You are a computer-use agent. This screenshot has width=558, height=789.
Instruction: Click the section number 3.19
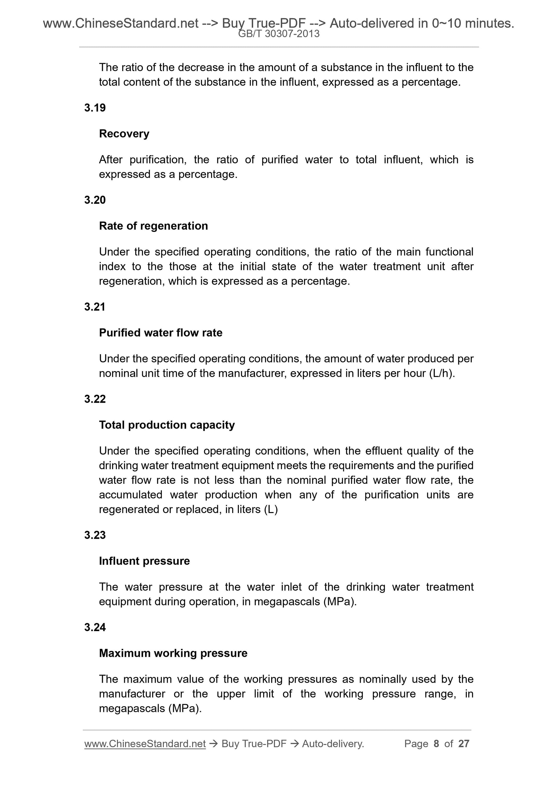click(x=95, y=108)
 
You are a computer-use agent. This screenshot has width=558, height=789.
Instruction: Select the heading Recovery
click(x=124, y=134)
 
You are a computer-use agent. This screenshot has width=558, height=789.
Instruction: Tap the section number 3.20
click(x=95, y=200)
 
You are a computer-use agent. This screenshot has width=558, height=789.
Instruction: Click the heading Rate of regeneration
click(x=153, y=226)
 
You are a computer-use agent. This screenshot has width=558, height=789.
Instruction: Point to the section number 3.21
click(x=95, y=307)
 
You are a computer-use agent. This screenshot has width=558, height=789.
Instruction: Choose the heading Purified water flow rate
click(x=161, y=333)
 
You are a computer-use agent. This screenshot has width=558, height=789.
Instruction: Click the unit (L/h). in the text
click(x=442, y=373)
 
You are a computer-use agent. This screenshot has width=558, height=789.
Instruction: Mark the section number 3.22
click(x=95, y=399)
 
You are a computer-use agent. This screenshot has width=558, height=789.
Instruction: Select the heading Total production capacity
click(x=167, y=425)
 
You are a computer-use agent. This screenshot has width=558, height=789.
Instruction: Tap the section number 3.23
click(x=95, y=535)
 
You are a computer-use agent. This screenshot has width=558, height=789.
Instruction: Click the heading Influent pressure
click(x=145, y=561)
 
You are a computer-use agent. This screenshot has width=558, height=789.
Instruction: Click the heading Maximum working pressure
click(x=173, y=653)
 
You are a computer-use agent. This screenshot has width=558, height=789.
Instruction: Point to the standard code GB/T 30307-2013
click(x=279, y=34)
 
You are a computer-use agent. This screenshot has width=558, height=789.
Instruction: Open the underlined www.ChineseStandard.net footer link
click(x=145, y=744)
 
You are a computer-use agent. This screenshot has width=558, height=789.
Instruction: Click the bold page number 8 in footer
click(x=436, y=744)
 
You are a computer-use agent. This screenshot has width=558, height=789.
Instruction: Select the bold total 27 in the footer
click(x=464, y=744)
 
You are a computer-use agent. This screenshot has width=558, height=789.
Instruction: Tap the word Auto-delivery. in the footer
click(x=333, y=744)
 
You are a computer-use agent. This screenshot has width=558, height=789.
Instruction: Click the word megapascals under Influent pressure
click(x=287, y=602)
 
